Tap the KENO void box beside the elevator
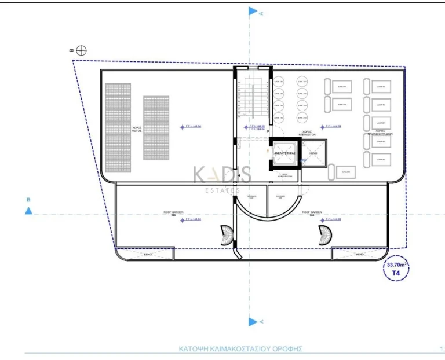tap(313, 153)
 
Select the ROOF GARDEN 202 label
tap(174, 214)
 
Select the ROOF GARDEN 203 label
tap(312, 214)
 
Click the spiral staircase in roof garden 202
tap(224, 234)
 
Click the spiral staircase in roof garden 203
tap(326, 234)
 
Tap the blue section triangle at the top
tap(253, 11)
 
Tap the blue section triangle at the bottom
tap(253, 321)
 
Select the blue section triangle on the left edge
tap(28, 211)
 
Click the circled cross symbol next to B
tap(81, 50)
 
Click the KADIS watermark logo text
tap(222, 174)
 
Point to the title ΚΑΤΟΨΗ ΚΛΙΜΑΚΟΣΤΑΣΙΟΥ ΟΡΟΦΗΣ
tap(241, 349)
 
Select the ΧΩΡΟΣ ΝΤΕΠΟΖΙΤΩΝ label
tap(307, 133)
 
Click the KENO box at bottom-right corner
tap(359, 254)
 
